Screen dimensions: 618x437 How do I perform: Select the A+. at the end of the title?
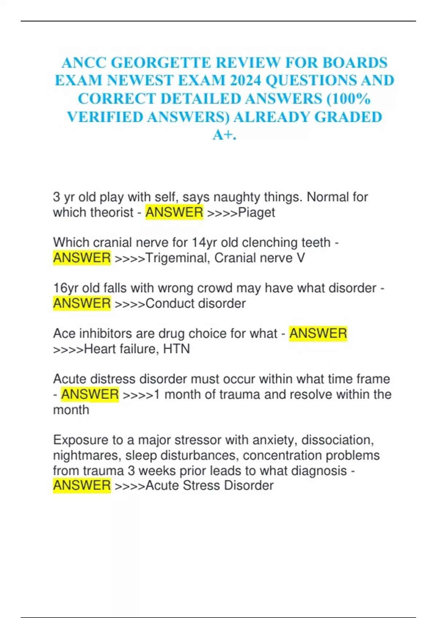click(224, 135)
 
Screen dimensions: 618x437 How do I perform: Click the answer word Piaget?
click(256, 212)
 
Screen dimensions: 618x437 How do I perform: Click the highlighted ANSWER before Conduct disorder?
click(82, 303)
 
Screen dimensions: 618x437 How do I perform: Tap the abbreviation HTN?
click(176, 349)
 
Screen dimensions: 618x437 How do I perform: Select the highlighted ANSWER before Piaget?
click(174, 212)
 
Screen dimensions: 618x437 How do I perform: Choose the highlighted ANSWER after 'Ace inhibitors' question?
click(318, 333)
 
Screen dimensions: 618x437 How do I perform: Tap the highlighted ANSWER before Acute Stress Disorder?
click(82, 485)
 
